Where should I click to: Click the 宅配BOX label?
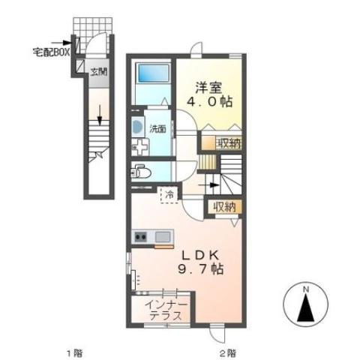(51, 52)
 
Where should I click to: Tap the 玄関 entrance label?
(98, 72)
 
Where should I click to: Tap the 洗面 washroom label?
(156, 128)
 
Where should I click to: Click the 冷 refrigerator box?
(170, 195)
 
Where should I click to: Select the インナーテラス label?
(165, 310)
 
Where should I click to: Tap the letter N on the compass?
(306, 289)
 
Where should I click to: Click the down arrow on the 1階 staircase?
(98, 114)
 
